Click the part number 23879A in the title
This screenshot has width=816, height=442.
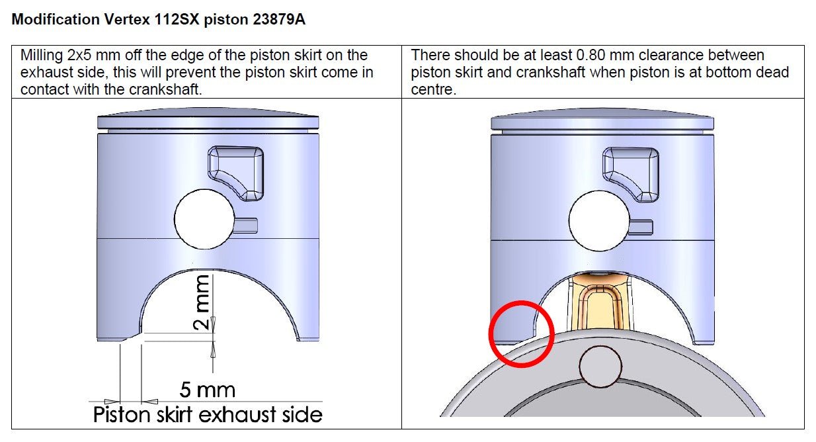coord(279,19)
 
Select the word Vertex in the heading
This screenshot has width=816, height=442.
coord(127,19)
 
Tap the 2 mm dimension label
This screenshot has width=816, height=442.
coord(202,302)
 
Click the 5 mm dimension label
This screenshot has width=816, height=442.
coord(207,390)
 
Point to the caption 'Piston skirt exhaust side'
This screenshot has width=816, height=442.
coord(208,415)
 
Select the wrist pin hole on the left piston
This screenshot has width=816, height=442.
coord(204,219)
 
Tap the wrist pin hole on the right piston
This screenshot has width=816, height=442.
coord(599,220)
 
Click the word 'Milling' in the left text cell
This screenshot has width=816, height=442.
coord(42,56)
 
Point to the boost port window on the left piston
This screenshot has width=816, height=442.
coord(235,173)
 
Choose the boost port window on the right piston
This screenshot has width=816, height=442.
coord(631,175)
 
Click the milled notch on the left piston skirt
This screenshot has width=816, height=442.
coord(132,336)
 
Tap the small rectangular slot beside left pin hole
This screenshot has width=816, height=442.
coord(245,226)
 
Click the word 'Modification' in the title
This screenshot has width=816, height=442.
coord(56,19)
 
